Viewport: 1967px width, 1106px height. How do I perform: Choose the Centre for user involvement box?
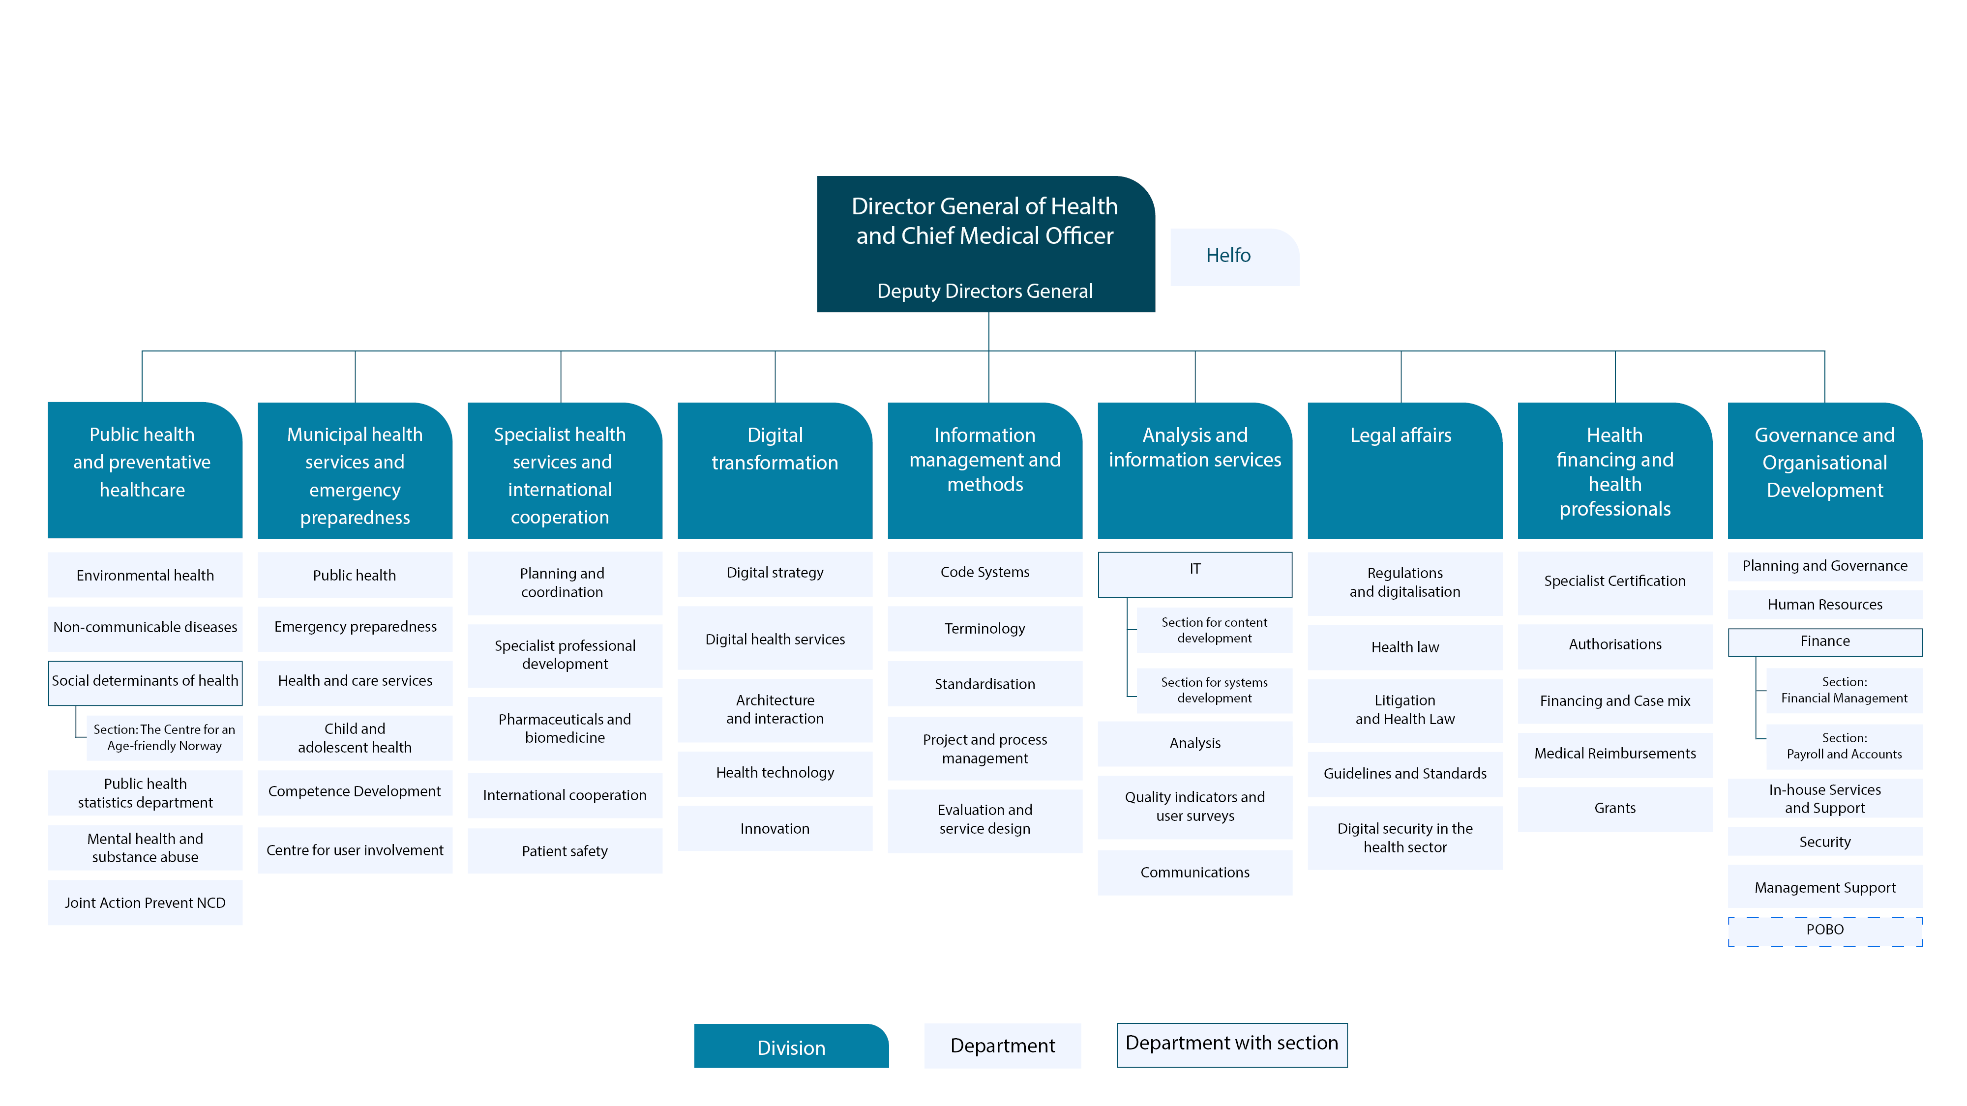[354, 849]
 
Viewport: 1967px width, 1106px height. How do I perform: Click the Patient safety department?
[565, 850]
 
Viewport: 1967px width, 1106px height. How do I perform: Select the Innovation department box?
[775, 828]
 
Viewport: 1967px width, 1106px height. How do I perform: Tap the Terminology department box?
[984, 628]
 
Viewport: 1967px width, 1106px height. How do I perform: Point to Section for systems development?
[1213, 690]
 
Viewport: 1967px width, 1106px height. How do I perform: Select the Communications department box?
[1194, 872]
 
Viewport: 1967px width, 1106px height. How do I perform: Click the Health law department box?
[1404, 646]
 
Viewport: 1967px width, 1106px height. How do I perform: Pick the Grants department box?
[1614, 808]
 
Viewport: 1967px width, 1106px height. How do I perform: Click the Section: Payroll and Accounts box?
[1843, 746]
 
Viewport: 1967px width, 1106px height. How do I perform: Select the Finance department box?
[1824, 641]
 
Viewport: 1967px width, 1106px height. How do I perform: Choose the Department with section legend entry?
[1231, 1044]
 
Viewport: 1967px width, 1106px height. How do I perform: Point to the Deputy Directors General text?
[984, 291]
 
